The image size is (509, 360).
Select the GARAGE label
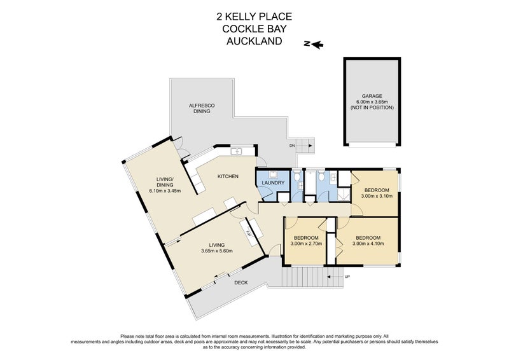click(x=372, y=97)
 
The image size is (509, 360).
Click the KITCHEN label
click(x=228, y=176)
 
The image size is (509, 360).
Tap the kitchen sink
click(x=235, y=152)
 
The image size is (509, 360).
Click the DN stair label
click(x=293, y=146)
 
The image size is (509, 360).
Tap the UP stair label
click(x=347, y=277)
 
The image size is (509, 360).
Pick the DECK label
click(x=241, y=282)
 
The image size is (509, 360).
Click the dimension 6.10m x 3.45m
click(x=165, y=190)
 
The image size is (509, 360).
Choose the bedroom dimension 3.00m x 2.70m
click(x=307, y=244)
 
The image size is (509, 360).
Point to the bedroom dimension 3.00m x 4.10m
click(x=368, y=244)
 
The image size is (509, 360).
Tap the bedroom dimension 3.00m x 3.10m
click(x=377, y=196)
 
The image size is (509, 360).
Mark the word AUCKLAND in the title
click(x=254, y=41)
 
